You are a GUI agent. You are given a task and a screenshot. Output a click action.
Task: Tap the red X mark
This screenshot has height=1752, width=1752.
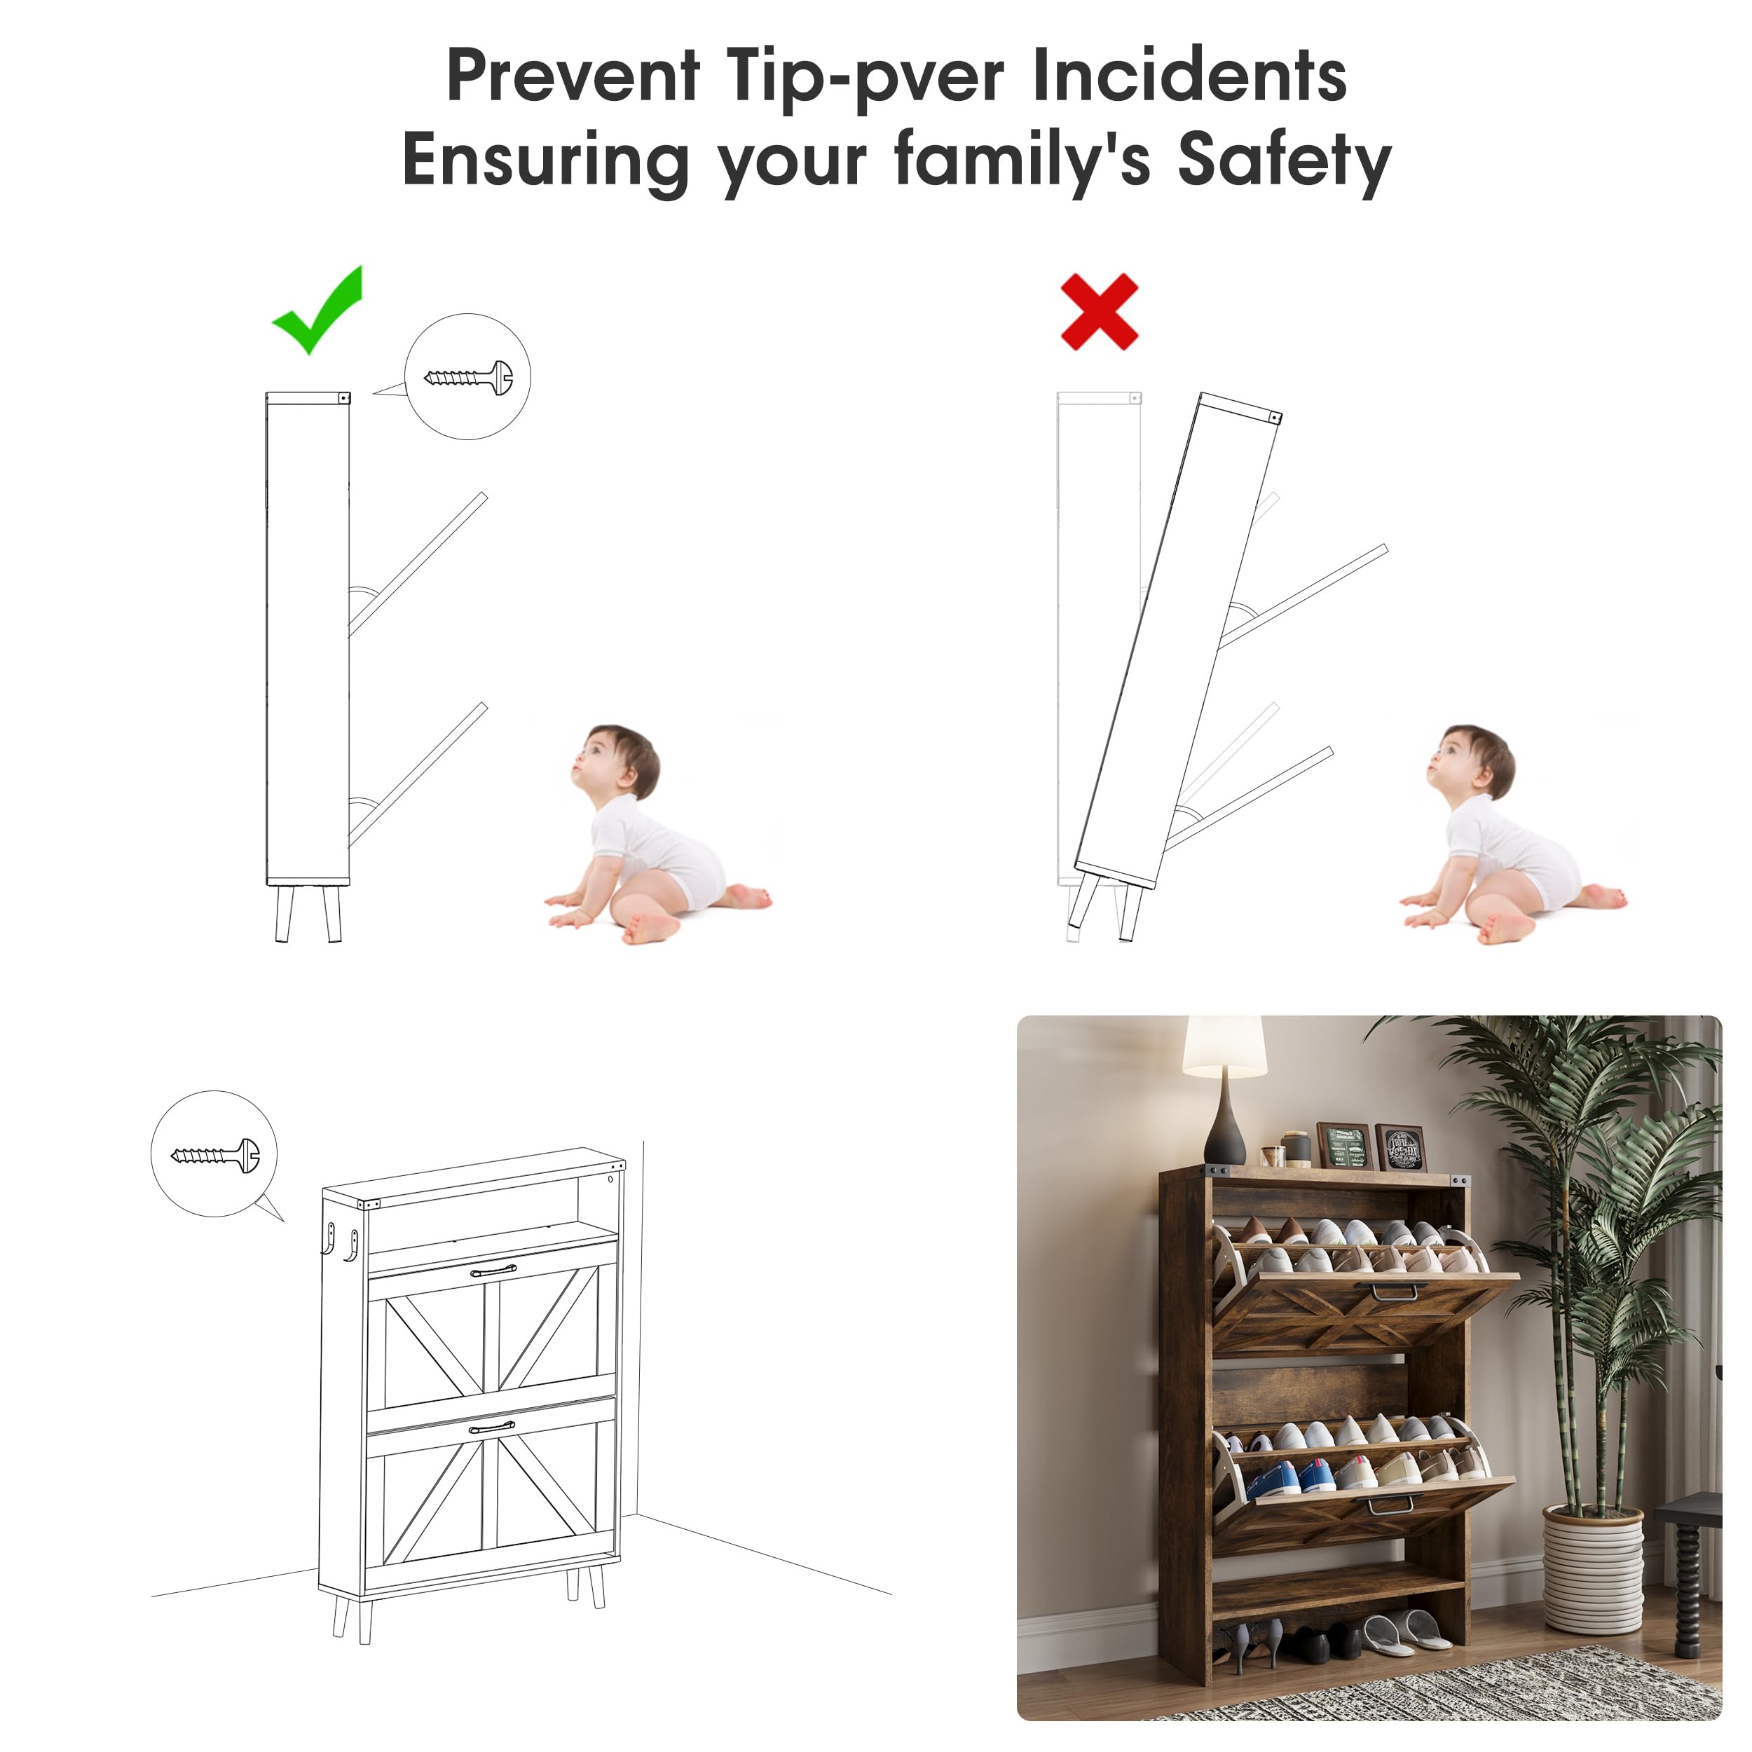(1099, 311)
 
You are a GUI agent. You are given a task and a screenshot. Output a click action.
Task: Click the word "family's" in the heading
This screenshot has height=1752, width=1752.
(1022, 160)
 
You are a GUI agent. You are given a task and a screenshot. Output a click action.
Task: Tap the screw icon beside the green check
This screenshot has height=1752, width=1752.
(468, 376)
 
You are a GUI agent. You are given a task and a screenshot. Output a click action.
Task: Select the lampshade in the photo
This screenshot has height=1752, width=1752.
(1224, 1046)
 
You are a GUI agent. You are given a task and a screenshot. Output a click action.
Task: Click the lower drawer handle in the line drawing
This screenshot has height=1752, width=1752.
(493, 1428)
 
